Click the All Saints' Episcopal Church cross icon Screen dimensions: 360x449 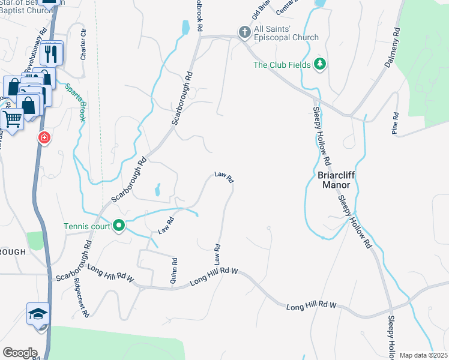pyautogui.click(x=244, y=32)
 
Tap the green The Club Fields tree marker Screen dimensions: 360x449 pyautogui.click(x=321, y=65)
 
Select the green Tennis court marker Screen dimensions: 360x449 pyautogui.click(x=119, y=226)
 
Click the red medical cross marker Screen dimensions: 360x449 pyautogui.click(x=44, y=139)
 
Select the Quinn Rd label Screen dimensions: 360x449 pyautogui.click(x=174, y=271)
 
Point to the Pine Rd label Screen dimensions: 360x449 pyautogui.click(x=395, y=124)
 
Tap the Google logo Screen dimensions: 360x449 pyautogui.click(x=20, y=353)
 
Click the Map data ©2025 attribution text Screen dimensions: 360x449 pyautogui.click(x=423, y=355)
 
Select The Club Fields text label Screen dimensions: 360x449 pyautogui.click(x=282, y=65)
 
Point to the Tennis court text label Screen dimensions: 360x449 pyautogui.click(x=88, y=226)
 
